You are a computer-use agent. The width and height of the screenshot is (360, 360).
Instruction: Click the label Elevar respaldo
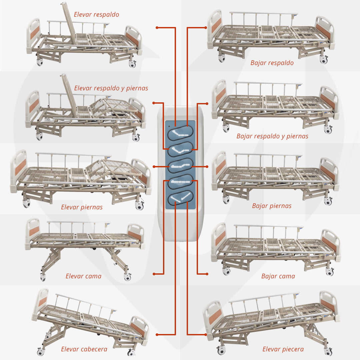[96, 15]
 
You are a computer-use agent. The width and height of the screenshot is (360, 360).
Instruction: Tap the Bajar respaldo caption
[272, 63]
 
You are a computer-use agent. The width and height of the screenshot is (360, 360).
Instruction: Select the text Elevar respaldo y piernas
[111, 88]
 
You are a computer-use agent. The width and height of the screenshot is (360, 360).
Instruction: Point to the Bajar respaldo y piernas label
[272, 136]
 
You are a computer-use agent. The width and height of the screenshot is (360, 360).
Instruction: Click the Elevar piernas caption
[82, 207]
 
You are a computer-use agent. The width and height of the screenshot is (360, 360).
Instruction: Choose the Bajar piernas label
[272, 206]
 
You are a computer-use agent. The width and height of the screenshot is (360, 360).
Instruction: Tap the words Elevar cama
[83, 276]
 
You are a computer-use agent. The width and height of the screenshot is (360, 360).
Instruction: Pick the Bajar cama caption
[278, 276]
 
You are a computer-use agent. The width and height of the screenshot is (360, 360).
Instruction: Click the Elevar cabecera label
[84, 349]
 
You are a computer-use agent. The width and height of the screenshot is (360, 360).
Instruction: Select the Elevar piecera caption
[283, 349]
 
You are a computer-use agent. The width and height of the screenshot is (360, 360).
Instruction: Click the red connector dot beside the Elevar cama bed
[154, 274]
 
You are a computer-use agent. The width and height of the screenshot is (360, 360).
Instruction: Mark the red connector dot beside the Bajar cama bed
[207, 274]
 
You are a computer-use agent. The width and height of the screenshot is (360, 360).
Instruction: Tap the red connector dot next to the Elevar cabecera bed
[157, 334]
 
